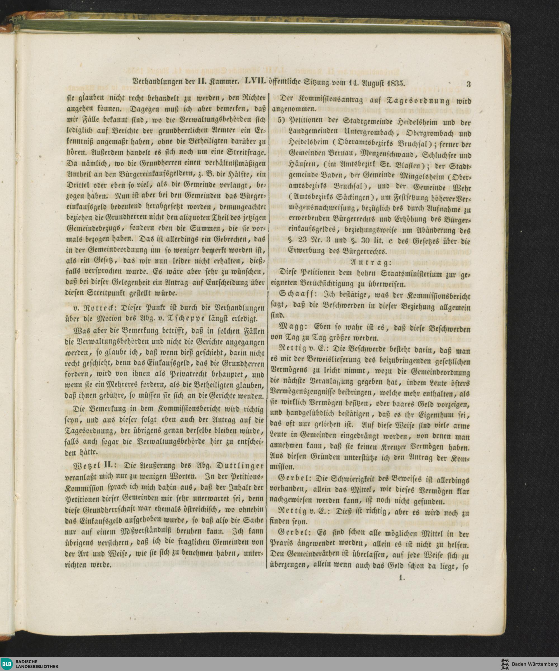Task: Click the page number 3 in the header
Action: click(468, 85)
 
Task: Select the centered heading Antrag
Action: click(370, 263)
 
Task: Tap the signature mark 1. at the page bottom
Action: click(402, 578)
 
